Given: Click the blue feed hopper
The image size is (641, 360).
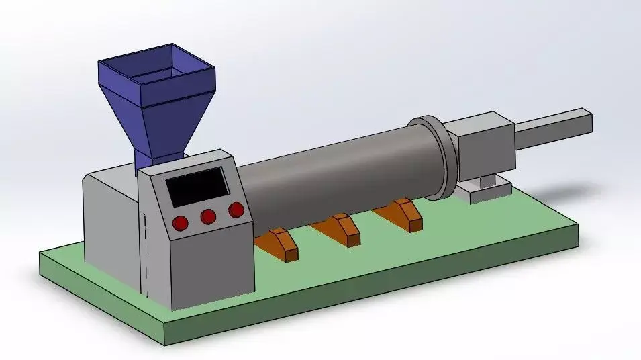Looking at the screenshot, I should (x=154, y=101).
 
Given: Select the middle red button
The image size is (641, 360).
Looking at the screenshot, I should (x=208, y=216).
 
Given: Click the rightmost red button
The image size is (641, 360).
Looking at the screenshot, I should (x=236, y=210).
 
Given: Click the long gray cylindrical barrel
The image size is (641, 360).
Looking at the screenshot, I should (x=336, y=175).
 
